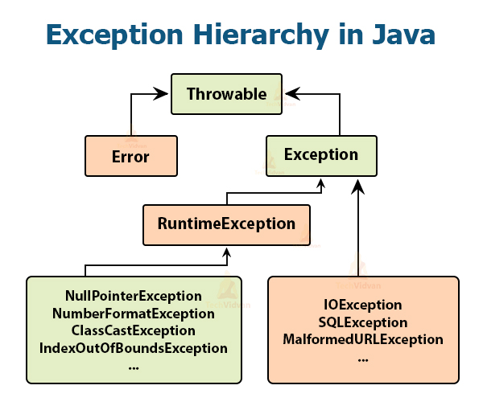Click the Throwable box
[226, 93]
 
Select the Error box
[131, 156]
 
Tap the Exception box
[321, 154]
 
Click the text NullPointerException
[134, 296]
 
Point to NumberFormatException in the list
[134, 313]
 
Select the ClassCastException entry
[134, 330]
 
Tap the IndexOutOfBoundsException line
[134, 348]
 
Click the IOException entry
[362, 305]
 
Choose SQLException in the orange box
[362, 322]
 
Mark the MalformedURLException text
[362, 339]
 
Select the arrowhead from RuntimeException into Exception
[321, 184]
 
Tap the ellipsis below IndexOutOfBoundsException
[134, 366]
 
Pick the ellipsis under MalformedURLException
[362, 358]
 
